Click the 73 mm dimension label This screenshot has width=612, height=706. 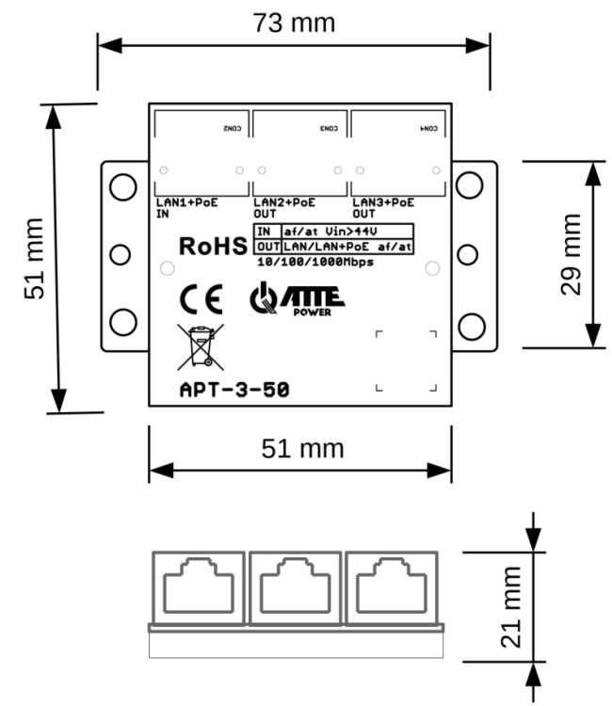(x=294, y=22)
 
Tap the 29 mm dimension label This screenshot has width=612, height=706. (x=572, y=253)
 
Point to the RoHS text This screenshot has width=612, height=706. (x=213, y=247)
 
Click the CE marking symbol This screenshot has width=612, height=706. (x=201, y=300)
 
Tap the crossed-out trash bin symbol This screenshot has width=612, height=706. (x=201, y=346)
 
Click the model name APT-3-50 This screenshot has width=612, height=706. (x=234, y=389)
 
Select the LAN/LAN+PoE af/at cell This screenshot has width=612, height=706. (x=348, y=246)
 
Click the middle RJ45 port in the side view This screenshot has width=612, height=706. (x=295, y=586)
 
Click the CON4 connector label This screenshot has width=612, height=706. (x=427, y=126)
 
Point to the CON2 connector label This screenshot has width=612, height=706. (x=232, y=126)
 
